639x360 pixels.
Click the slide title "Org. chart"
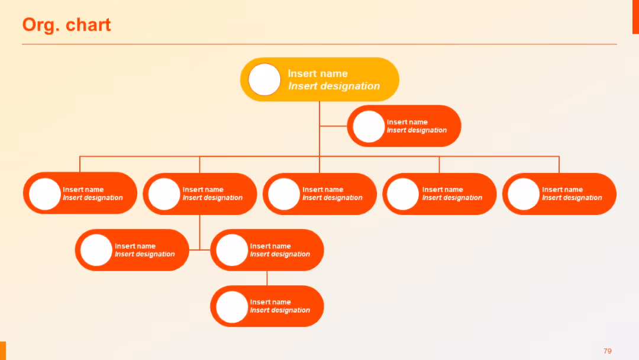click(66, 25)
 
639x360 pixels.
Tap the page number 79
click(607, 351)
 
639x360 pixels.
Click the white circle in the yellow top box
click(264, 79)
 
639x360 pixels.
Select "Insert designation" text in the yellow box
click(334, 86)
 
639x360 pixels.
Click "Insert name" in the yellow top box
click(318, 73)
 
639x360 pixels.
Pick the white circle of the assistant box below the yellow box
click(369, 126)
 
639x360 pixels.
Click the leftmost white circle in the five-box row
click(45, 194)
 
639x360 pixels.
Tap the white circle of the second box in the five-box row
click(164, 194)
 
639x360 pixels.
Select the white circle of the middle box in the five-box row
click(284, 194)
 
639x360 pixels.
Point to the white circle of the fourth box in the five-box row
click(403, 194)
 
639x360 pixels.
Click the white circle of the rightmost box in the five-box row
click(523, 194)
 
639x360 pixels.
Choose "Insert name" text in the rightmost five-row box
click(562, 189)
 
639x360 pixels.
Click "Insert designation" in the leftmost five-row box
click(93, 198)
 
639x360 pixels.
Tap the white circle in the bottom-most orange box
click(231, 306)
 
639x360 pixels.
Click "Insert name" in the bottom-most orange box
click(270, 302)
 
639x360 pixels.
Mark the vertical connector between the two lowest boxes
click(267, 278)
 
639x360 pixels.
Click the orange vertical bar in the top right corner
click(635, 17)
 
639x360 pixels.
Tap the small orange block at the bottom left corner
click(3, 351)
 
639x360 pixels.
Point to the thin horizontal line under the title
click(319, 44)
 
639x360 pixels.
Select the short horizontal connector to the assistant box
click(333, 126)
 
